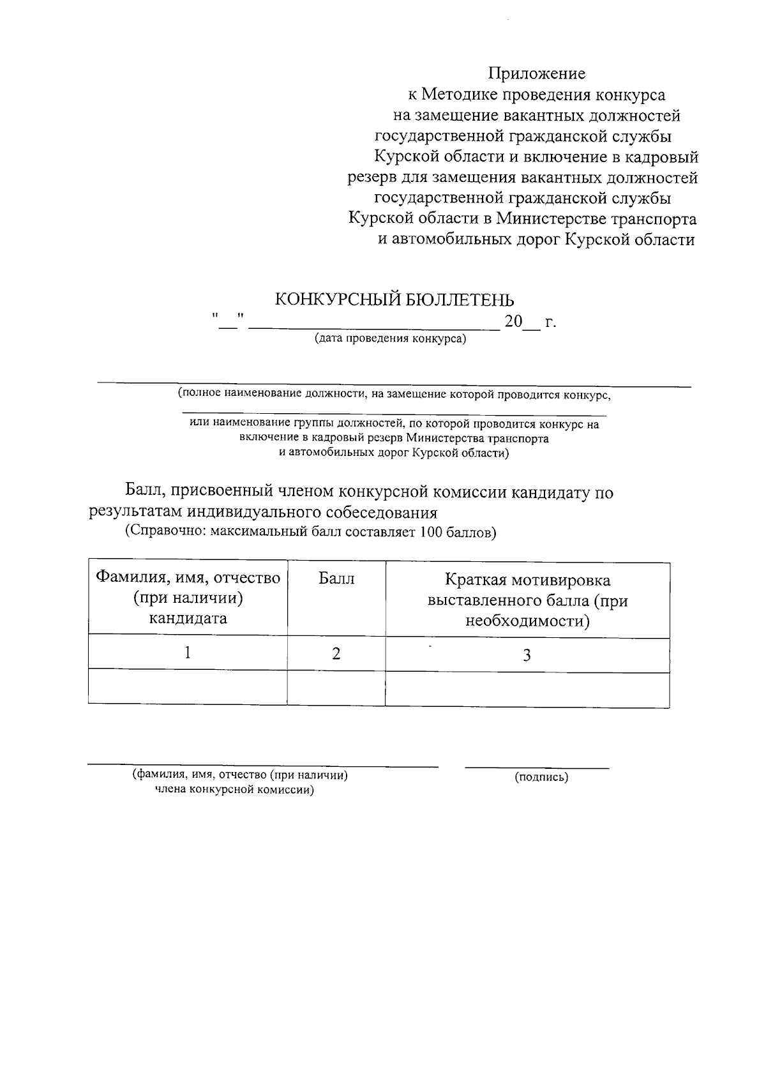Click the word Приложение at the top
click(x=536, y=74)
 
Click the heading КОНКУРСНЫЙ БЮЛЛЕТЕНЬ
click(x=394, y=299)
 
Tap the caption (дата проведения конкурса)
click(x=389, y=338)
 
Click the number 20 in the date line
click(x=513, y=322)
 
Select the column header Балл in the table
click(x=336, y=579)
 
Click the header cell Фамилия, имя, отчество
click(x=188, y=578)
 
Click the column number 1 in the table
click(x=187, y=653)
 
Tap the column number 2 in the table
click(x=336, y=654)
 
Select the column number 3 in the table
click(x=527, y=655)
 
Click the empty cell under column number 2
click(x=336, y=687)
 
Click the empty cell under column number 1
click(x=187, y=686)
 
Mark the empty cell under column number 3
click(x=527, y=688)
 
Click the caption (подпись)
click(x=541, y=777)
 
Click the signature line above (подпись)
click(x=536, y=767)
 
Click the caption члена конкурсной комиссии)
click(x=235, y=790)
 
